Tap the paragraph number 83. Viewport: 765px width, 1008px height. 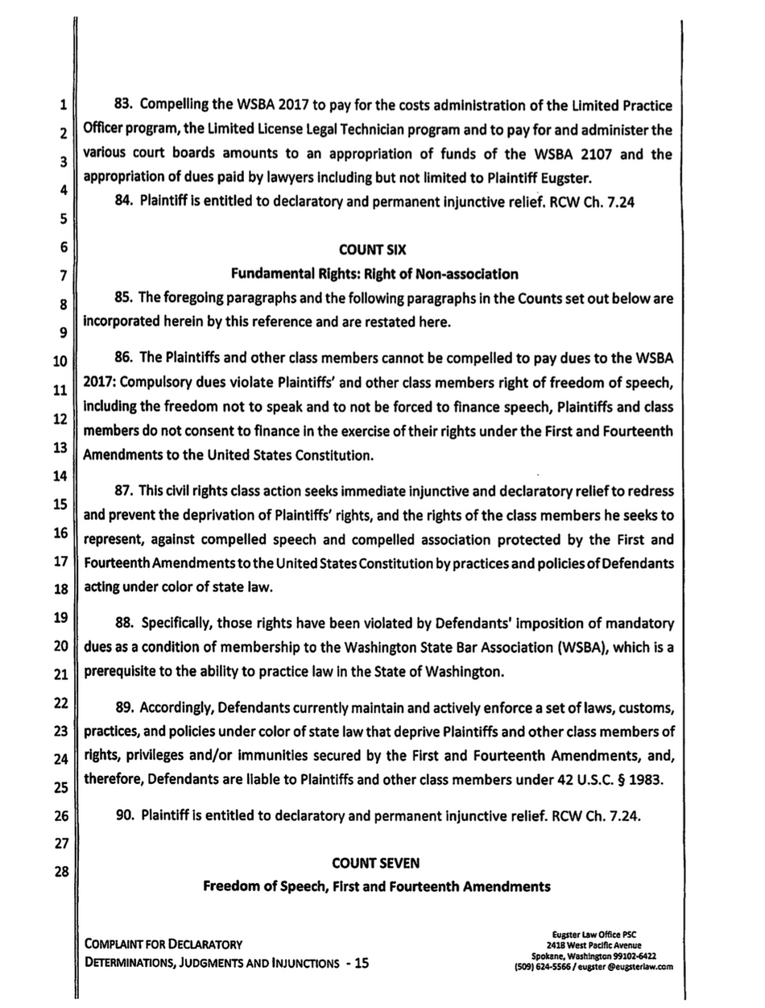125,106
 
